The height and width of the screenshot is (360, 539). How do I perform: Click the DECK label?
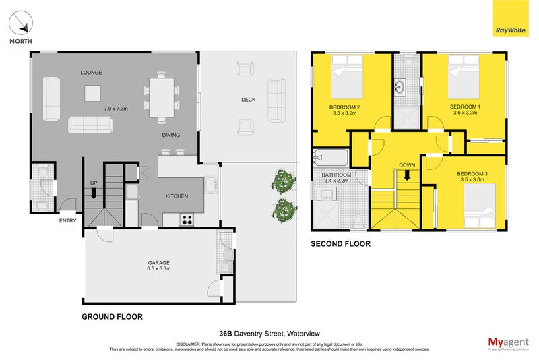(249, 100)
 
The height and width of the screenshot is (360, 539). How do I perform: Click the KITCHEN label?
(177, 196)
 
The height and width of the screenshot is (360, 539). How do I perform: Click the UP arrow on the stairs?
(94, 193)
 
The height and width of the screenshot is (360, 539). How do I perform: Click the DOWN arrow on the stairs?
(407, 175)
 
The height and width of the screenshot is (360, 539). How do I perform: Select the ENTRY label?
(67, 220)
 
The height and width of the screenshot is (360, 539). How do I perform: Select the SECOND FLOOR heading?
(340, 244)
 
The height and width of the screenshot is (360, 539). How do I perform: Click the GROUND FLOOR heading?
(112, 316)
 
